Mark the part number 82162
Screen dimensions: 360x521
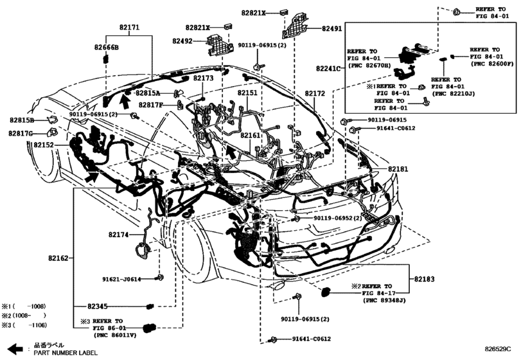pos(57,258)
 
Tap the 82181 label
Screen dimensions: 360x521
pos(397,168)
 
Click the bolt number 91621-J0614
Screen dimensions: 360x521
pos(128,279)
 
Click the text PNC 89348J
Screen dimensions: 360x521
pos(385,300)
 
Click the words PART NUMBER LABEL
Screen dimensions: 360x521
pos(66,353)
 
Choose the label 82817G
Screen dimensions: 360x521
pos(22,133)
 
